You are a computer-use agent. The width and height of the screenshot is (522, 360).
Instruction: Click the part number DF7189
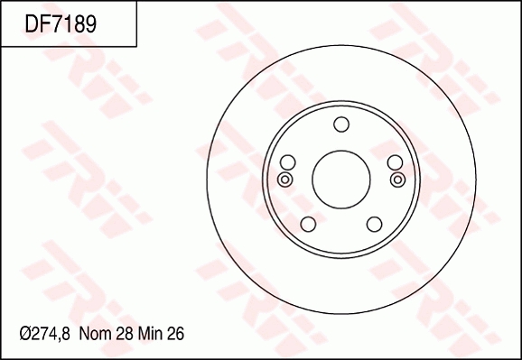click(x=61, y=24)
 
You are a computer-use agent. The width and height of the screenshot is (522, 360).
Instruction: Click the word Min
click(x=148, y=334)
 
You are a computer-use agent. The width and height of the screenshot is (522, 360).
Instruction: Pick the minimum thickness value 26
click(x=175, y=334)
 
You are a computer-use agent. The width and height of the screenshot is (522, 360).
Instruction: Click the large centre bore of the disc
click(x=341, y=177)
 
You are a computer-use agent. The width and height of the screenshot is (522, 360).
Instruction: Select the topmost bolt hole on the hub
click(x=341, y=125)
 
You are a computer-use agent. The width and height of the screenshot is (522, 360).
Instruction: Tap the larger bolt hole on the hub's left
click(x=288, y=162)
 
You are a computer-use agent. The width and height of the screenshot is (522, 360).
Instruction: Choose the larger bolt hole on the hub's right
click(x=395, y=162)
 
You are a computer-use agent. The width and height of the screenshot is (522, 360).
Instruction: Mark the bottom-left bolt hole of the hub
click(x=308, y=224)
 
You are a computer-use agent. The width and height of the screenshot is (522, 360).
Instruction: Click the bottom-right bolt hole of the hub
click(x=375, y=224)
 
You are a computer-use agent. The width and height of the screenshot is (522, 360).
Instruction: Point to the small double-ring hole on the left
click(x=284, y=180)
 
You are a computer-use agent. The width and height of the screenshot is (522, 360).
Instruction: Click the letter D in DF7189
click(x=32, y=24)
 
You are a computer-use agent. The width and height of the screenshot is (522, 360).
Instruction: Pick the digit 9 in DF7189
click(x=89, y=24)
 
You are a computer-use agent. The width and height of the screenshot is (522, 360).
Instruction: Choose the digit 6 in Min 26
click(x=180, y=334)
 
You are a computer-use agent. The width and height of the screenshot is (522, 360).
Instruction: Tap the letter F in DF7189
click(x=44, y=24)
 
